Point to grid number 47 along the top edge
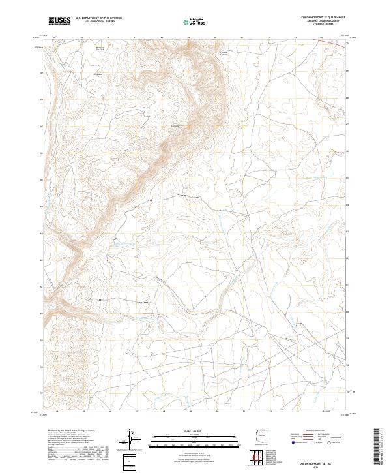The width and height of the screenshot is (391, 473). [135, 38]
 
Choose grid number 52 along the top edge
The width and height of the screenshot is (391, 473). [268, 38]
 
